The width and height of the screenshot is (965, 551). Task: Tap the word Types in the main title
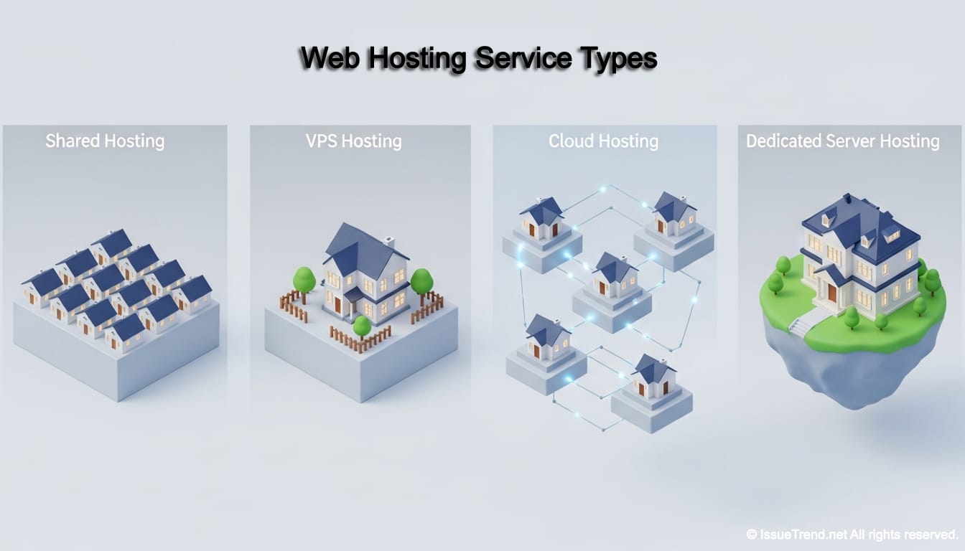point(617,59)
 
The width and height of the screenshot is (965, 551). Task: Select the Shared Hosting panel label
point(105,141)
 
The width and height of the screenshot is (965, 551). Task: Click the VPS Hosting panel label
point(353,141)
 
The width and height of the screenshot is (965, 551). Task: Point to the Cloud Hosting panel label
point(603,141)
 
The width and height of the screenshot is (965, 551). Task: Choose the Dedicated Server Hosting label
point(843,141)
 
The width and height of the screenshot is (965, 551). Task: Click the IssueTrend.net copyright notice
point(852,534)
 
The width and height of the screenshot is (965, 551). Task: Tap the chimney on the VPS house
point(389,242)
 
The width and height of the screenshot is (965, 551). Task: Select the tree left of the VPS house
point(304,280)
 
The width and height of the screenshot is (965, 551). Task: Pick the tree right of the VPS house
point(421,281)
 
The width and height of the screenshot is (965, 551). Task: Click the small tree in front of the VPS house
point(362,327)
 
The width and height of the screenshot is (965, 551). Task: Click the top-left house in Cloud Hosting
point(542,220)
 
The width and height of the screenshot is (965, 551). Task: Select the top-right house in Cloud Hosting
point(673,215)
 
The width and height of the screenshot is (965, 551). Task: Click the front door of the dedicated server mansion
point(831,292)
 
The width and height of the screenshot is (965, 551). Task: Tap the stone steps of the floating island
point(799,326)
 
